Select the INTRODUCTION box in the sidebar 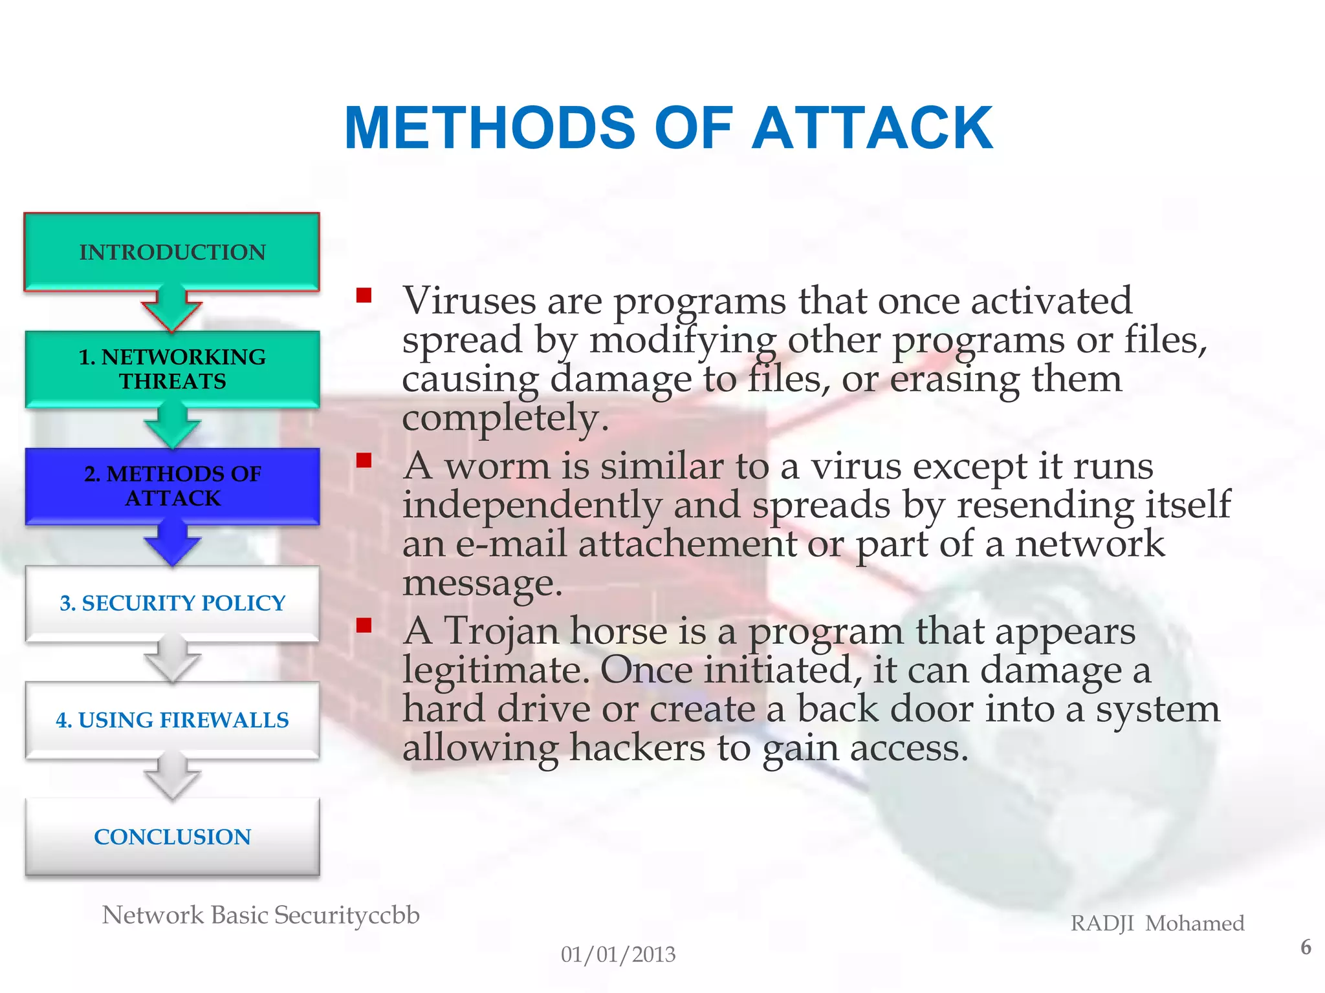coord(172,252)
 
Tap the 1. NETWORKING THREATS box coord(172,369)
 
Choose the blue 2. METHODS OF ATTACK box coord(172,486)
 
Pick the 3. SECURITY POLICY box coord(172,603)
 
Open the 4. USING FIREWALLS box coord(172,720)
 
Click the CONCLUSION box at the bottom coord(172,837)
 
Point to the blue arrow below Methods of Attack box coord(172,543)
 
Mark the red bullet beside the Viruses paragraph coord(364,296)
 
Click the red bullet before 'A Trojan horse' coord(364,625)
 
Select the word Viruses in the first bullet coord(469,301)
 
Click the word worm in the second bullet coord(497,466)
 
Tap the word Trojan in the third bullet coord(501,631)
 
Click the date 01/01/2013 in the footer coord(618,954)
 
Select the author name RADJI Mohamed coord(1157,923)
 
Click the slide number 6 coord(1306,948)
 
